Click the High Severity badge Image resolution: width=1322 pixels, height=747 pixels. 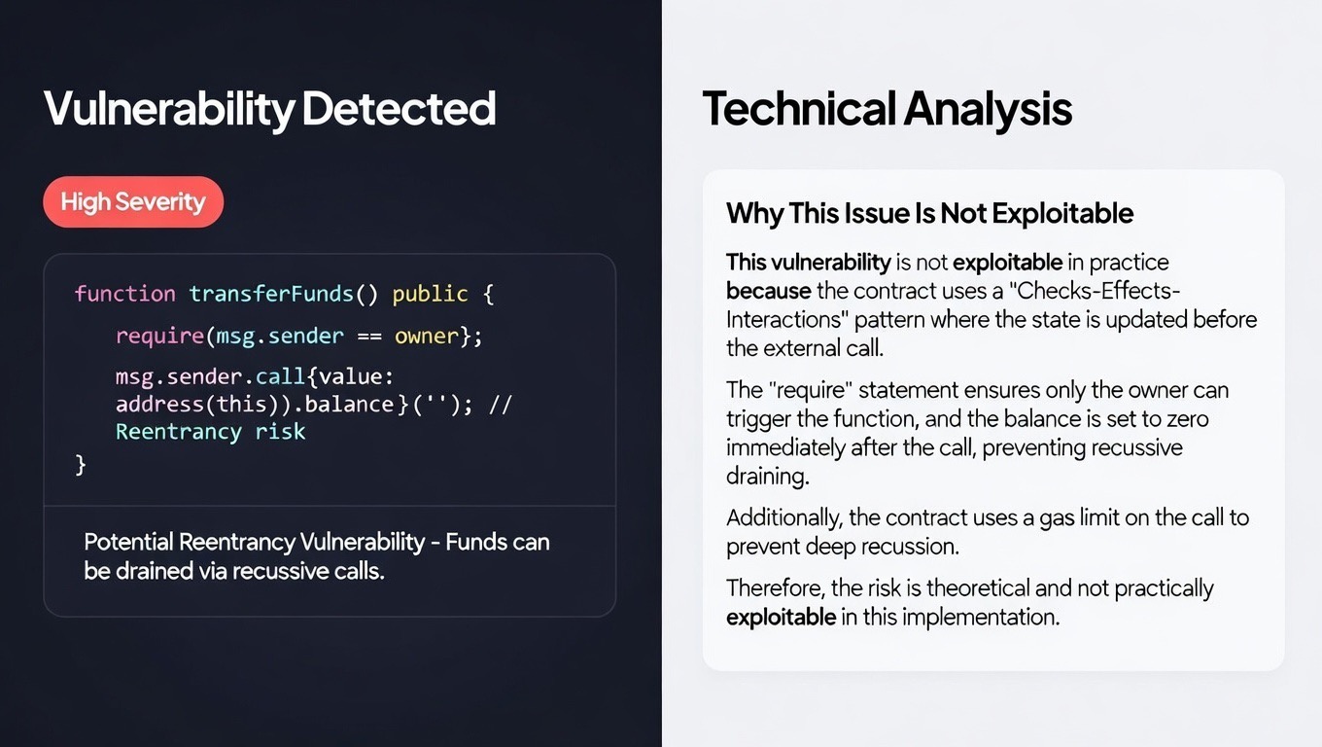(x=133, y=202)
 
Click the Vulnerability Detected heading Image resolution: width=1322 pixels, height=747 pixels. (x=269, y=110)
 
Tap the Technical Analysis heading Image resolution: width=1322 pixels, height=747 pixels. (x=887, y=110)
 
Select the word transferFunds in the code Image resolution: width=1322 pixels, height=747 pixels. (x=271, y=294)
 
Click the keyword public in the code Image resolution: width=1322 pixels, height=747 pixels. (x=430, y=294)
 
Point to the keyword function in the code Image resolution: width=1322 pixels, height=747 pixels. (x=125, y=294)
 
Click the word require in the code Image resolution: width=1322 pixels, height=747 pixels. (x=159, y=337)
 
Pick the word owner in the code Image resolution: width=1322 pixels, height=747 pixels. (x=427, y=336)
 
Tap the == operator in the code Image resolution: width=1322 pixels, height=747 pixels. (x=368, y=336)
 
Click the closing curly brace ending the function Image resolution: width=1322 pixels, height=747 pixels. (x=81, y=465)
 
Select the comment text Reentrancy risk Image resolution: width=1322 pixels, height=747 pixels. (x=211, y=432)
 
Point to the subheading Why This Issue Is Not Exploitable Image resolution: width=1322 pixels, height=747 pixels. (x=929, y=213)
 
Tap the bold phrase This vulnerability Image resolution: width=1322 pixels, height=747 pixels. (x=809, y=263)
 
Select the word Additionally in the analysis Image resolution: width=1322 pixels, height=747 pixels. (x=783, y=517)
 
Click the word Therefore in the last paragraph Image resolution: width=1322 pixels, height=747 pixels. (x=775, y=588)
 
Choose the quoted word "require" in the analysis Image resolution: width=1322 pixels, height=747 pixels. (x=811, y=390)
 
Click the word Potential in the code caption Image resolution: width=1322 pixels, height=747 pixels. (x=128, y=542)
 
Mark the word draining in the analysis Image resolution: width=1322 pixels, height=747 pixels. (x=767, y=477)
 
